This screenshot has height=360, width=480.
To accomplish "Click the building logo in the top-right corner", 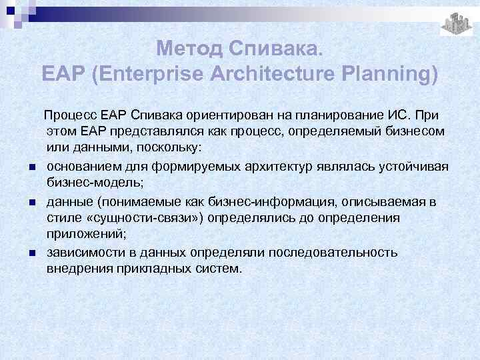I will coord(457,23).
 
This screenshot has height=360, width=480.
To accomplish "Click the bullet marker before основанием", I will coord(32,166).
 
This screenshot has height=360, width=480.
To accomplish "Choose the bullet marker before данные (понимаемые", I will coord(32,202).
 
